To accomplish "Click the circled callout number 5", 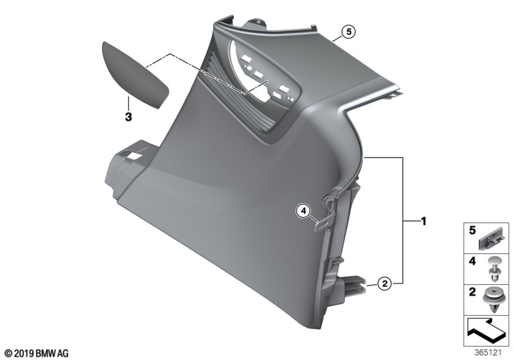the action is pyautogui.click(x=348, y=32).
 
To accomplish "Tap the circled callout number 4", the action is pyautogui.click(x=303, y=211).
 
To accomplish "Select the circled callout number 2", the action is pyautogui.click(x=384, y=283).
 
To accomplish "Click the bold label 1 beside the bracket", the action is pyautogui.click(x=423, y=222).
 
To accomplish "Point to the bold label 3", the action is pyautogui.click(x=128, y=116).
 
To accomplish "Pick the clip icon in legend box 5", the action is pyautogui.click(x=490, y=240).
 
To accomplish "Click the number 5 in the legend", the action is pyautogui.click(x=472, y=231).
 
